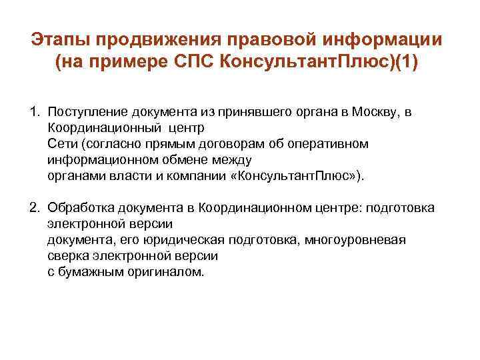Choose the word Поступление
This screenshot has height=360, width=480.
87,112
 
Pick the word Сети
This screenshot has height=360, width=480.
61,144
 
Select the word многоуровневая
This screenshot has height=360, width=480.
354,240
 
